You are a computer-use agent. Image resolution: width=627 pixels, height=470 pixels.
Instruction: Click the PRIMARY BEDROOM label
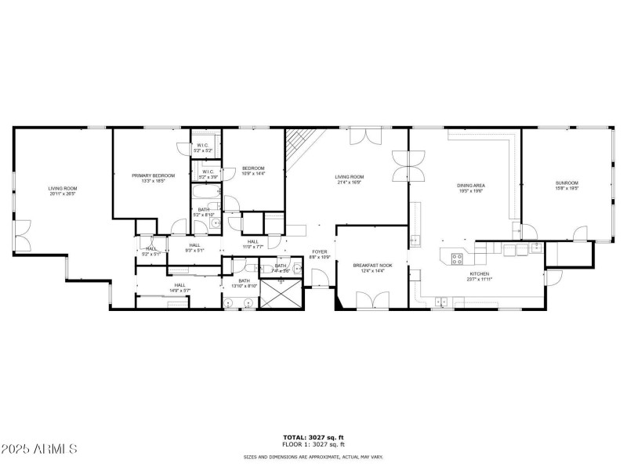(153, 175)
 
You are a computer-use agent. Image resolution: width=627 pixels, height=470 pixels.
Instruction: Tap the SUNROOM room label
(567, 183)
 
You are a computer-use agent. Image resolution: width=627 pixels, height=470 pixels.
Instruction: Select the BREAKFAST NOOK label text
(372, 266)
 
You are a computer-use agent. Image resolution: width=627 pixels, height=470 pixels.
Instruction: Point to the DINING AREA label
(470, 186)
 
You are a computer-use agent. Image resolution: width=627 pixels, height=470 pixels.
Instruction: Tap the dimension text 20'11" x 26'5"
(63, 193)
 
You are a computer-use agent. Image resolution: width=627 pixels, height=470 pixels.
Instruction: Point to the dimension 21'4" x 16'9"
(350, 182)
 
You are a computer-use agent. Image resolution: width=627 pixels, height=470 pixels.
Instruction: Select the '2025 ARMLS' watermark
(39, 449)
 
